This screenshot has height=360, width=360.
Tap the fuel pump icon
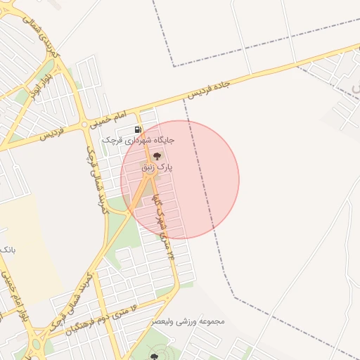pos(137,129)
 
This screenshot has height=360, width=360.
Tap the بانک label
pos(7,250)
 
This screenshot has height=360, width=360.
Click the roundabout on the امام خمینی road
pos(84,124)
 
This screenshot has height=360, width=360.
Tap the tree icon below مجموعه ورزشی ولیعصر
pos(154,356)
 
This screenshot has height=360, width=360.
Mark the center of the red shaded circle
pos(180,180)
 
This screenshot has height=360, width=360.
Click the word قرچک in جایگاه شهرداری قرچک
pos(112,140)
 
